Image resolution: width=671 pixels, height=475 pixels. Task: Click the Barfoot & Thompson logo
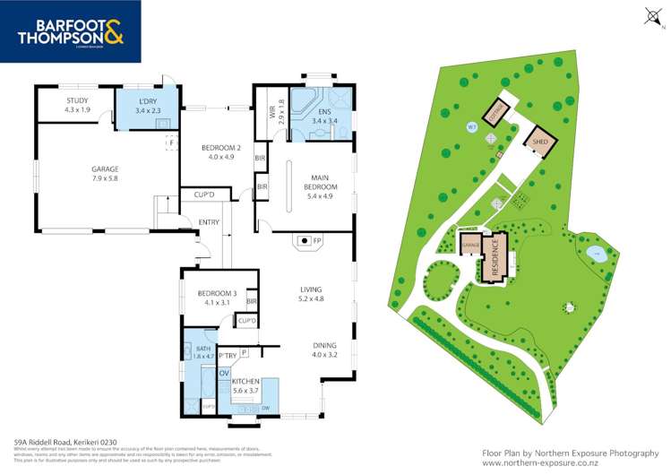[x=70, y=31]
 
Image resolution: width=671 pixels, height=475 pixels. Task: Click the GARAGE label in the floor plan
[x=105, y=168]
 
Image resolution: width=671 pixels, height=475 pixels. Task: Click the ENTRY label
[x=209, y=223]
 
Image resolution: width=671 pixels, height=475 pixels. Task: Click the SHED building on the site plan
[x=540, y=142]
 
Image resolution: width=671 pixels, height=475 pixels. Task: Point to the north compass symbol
[x=651, y=14]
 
